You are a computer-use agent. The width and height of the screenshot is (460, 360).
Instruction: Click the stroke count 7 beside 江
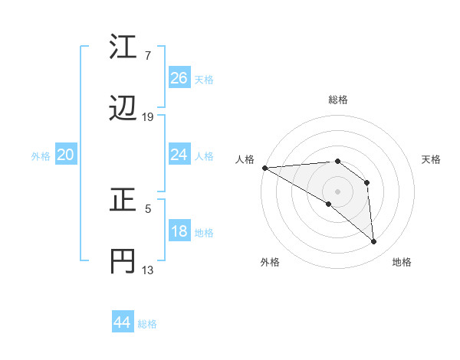point(147,55)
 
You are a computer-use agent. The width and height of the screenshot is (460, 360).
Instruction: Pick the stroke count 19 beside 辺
point(148,117)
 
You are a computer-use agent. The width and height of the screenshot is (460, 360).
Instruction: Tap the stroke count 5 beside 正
point(147,208)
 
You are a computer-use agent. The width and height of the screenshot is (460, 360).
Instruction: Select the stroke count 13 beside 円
point(148,270)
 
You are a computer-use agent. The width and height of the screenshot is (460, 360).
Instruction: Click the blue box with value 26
point(179,78)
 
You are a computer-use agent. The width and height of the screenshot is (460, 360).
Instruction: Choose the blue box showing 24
point(179,155)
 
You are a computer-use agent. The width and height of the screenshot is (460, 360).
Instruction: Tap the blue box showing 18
point(179,232)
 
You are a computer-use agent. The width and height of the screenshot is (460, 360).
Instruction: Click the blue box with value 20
point(66,155)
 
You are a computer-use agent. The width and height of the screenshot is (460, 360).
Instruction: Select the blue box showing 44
point(122,322)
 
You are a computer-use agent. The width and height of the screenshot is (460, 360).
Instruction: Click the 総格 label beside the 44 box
point(147,324)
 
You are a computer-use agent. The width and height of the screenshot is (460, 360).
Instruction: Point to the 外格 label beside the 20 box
point(41,156)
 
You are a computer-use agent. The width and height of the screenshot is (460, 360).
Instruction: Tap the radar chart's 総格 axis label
point(337,100)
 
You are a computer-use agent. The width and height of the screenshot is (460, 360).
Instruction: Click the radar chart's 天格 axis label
point(431,159)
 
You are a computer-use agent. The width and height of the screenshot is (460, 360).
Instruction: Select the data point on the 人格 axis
point(264,168)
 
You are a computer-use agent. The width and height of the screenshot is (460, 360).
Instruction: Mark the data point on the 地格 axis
point(373,241)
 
